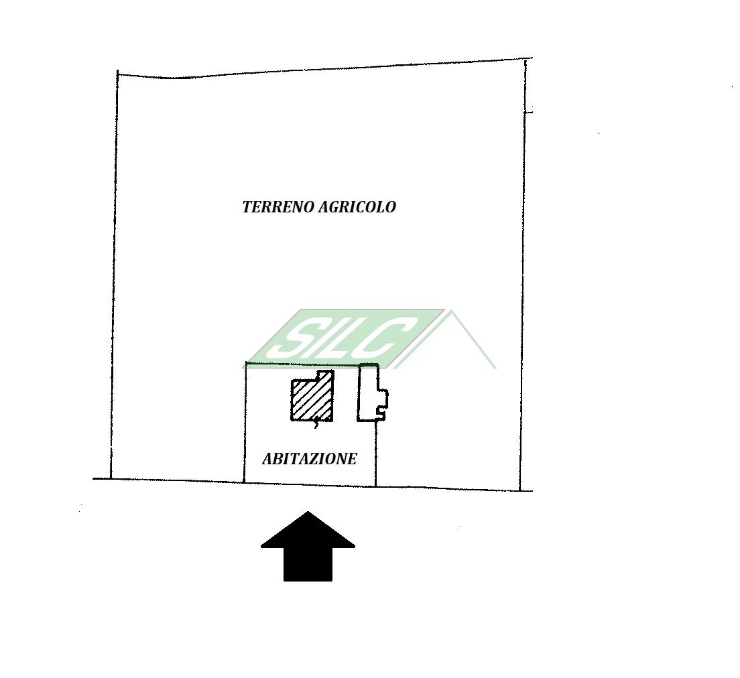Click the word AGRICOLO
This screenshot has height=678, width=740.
357,207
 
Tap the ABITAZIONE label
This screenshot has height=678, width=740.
310,459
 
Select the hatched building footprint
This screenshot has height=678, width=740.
312,396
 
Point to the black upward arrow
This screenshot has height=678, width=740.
308,547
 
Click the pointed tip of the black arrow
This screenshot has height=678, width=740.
308,513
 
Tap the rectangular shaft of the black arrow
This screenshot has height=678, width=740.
308,564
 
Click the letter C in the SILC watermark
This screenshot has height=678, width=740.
388,337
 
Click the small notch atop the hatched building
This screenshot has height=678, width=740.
325,375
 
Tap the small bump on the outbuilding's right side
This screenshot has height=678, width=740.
383,399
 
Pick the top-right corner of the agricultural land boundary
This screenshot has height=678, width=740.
526,60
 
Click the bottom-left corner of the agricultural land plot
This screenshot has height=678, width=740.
111,479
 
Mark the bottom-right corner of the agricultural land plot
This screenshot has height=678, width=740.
520,490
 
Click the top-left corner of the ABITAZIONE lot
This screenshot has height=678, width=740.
246,364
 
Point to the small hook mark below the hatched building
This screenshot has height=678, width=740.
316,424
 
